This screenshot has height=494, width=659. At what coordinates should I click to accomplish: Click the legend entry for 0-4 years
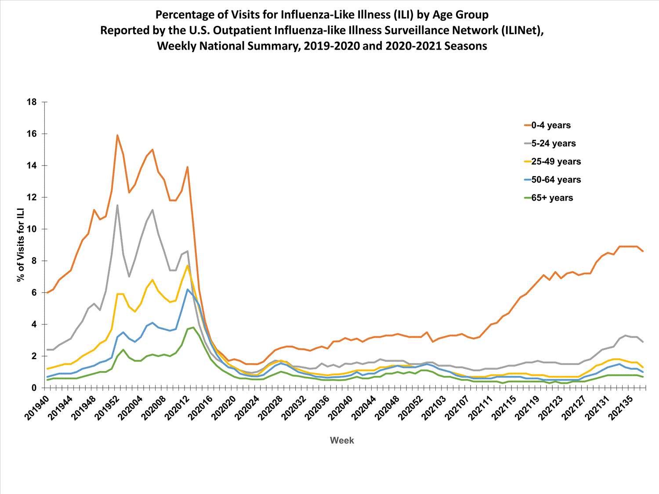[551, 125]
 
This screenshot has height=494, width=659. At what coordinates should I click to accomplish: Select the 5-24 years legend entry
[553, 144]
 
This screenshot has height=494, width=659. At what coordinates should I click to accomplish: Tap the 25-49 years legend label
[556, 162]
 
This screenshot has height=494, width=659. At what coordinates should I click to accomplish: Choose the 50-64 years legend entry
[556, 180]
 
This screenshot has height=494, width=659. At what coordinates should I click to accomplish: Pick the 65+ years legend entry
[552, 198]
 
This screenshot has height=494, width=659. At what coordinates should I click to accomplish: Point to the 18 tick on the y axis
[32, 102]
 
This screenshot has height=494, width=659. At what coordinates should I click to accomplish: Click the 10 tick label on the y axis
[32, 229]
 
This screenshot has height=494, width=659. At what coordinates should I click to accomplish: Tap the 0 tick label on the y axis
[34, 388]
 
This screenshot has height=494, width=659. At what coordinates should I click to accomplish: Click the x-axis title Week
[342, 440]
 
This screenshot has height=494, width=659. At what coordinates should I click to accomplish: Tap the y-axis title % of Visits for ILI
[21, 245]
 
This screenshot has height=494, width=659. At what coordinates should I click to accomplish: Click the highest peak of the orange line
[117, 135]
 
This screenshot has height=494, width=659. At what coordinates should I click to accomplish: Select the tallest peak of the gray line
[117, 205]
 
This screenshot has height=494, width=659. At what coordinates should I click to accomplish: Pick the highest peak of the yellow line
[188, 265]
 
